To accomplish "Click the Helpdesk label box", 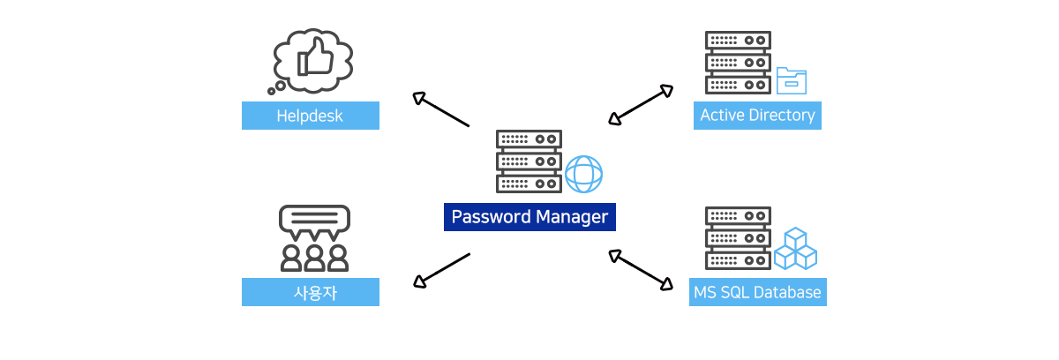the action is [x=310, y=116].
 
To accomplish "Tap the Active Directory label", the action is [x=757, y=116].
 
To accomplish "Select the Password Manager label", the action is [x=529, y=217].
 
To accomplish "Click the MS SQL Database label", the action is [x=758, y=292].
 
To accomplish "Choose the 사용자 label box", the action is [x=310, y=292].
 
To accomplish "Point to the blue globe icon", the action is [x=584, y=175].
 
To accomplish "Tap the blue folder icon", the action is [x=792, y=81].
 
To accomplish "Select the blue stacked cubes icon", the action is [x=796, y=249].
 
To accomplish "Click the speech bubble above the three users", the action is [x=314, y=222].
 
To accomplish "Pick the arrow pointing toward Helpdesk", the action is [x=440, y=109].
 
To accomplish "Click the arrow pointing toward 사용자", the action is [x=441, y=271].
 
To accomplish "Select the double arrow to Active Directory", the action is [x=641, y=105].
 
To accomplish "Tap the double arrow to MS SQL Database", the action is [x=641, y=270].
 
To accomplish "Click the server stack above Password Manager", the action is [x=529, y=161].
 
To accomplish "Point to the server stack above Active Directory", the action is [x=738, y=63].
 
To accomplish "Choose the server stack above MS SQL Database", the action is [x=738, y=238].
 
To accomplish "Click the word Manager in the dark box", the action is [x=572, y=217].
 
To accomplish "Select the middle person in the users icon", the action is [x=314, y=258].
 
